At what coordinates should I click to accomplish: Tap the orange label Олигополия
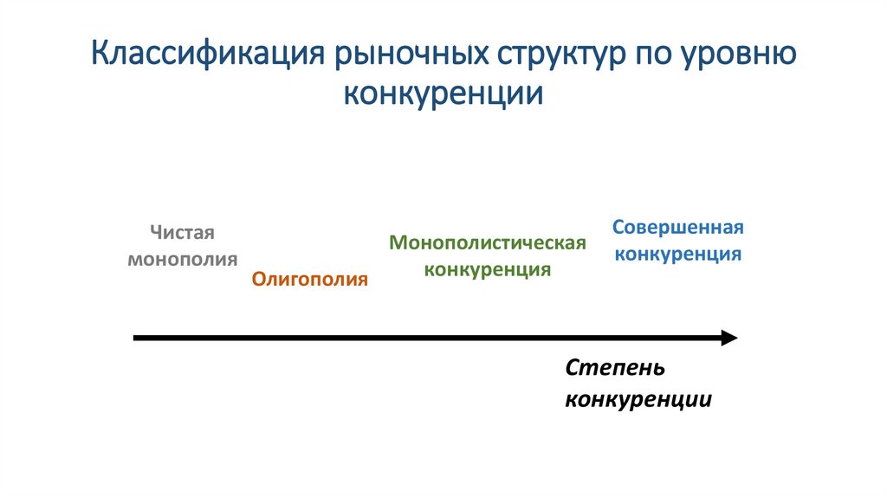(310, 279)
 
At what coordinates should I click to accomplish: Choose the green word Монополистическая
(488, 242)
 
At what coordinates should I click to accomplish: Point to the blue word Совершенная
(678, 228)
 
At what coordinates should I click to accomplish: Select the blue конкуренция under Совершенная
(677, 255)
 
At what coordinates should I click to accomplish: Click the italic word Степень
(615, 368)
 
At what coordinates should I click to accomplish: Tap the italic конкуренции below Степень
(638, 400)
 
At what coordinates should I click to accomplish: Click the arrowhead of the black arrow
(729, 338)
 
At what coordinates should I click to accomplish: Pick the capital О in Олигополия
(259, 279)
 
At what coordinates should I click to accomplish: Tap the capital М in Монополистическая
(397, 242)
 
